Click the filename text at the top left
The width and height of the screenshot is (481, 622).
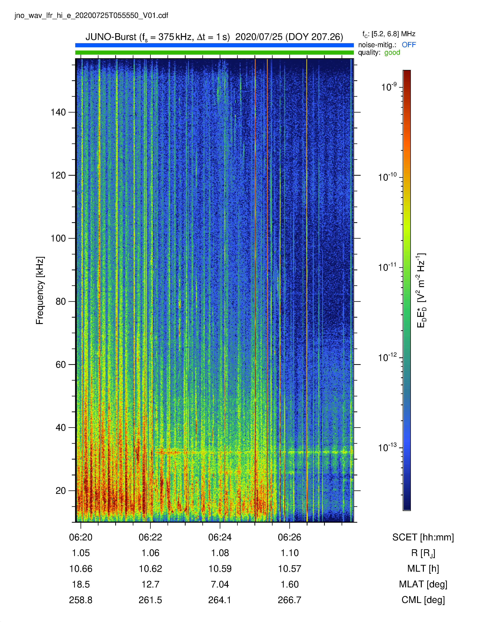pos(91,15)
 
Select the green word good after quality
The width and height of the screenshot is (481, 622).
pos(392,53)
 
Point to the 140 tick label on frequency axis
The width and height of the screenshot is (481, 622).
pos(58,112)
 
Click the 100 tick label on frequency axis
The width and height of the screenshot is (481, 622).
pos(58,238)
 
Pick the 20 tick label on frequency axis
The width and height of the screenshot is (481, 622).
pos(61,491)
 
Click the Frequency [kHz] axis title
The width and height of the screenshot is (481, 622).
pos(40,290)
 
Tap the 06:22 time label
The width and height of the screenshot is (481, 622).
pos(151,537)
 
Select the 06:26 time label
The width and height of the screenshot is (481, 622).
pos(290,537)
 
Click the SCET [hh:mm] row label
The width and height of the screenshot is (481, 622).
pos(423,537)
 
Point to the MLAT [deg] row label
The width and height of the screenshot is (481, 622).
pos(423,584)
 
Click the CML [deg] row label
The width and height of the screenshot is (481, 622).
pos(423,600)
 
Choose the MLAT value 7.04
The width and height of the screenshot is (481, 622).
pos(220,584)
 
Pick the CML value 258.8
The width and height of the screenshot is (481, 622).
pos(81,600)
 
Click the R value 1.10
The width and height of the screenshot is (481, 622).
pos(290,553)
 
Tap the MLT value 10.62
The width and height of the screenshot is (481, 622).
pos(151,569)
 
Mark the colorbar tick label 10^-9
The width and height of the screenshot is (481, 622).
pos(389,87)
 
